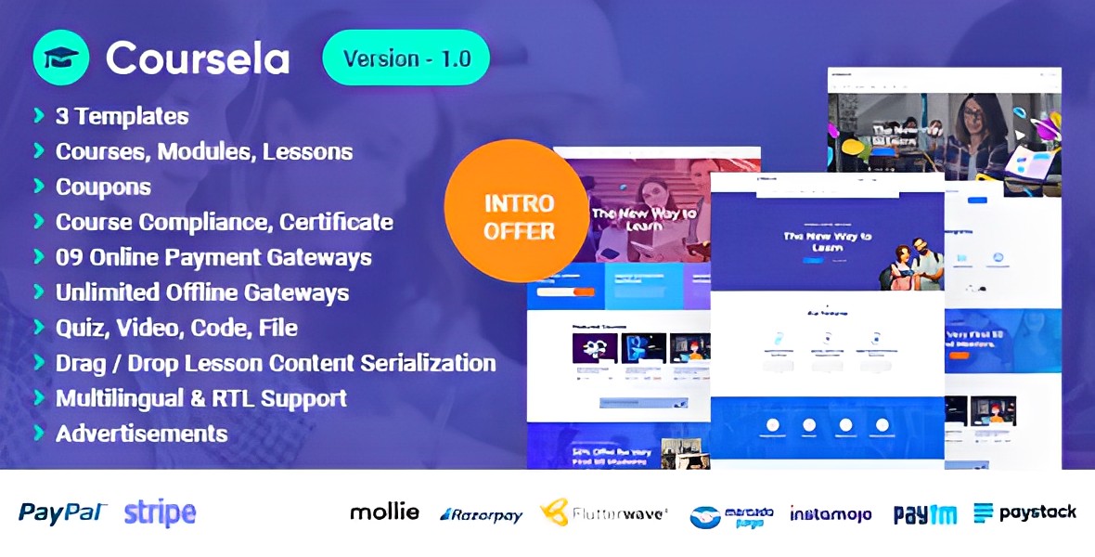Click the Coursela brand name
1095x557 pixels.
[198, 58]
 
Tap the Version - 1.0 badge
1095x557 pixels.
[406, 58]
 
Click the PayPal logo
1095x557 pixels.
[63, 512]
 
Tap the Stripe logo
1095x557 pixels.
[160, 512]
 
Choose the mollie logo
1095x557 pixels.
[384, 512]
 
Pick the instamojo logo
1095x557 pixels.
[831, 513]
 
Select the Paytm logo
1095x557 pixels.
[926, 513]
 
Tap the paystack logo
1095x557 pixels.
[1025, 512]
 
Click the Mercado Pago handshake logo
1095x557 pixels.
[731, 516]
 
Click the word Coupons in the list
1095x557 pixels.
[103, 187]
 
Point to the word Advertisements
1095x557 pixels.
[141, 434]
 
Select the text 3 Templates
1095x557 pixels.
[122, 116]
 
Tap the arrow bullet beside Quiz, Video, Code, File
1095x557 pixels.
[39, 327]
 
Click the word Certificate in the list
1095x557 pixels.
[336, 222]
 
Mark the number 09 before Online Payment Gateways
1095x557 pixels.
[71, 257]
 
